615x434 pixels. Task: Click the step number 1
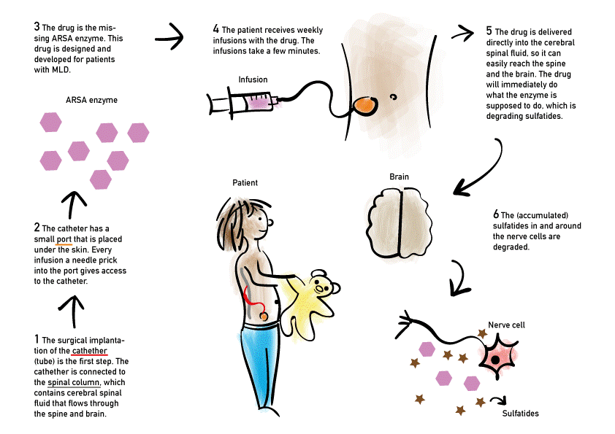[37, 339]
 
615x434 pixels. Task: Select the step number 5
[489, 31]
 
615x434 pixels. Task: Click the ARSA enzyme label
[91, 100]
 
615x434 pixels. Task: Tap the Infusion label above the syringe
[253, 80]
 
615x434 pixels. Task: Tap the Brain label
[399, 177]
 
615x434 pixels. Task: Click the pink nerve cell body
[497, 357]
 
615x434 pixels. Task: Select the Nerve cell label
[506, 325]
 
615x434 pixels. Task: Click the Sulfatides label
[521, 414]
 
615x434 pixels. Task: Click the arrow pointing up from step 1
[72, 309]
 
